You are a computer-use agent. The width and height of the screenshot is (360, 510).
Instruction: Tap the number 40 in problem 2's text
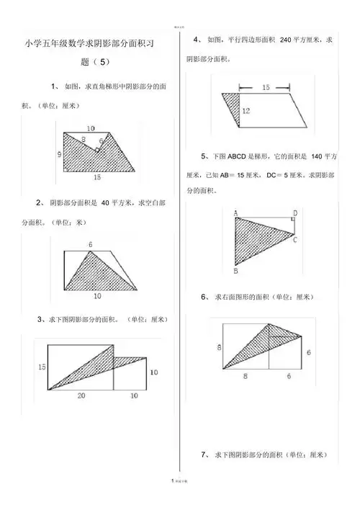tap(106, 202)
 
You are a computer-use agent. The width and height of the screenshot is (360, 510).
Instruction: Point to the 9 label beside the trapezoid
tap(58, 154)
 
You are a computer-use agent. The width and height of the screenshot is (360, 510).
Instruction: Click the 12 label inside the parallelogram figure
tap(246, 111)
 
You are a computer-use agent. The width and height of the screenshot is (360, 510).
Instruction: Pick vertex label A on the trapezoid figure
tap(235, 212)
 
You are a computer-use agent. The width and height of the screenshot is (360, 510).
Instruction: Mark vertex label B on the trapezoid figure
tap(235, 272)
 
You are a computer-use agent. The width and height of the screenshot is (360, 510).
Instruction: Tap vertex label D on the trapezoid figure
tap(295, 213)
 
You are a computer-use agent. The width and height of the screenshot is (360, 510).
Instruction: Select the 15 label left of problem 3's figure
tap(42, 367)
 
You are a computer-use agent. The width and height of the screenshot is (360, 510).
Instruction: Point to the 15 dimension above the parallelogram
tap(265, 87)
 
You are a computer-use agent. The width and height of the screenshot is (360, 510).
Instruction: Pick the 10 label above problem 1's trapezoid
tap(89, 128)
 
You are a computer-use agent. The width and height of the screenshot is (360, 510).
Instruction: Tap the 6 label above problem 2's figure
tap(91, 245)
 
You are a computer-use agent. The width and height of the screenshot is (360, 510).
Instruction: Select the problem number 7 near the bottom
tap(205, 455)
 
